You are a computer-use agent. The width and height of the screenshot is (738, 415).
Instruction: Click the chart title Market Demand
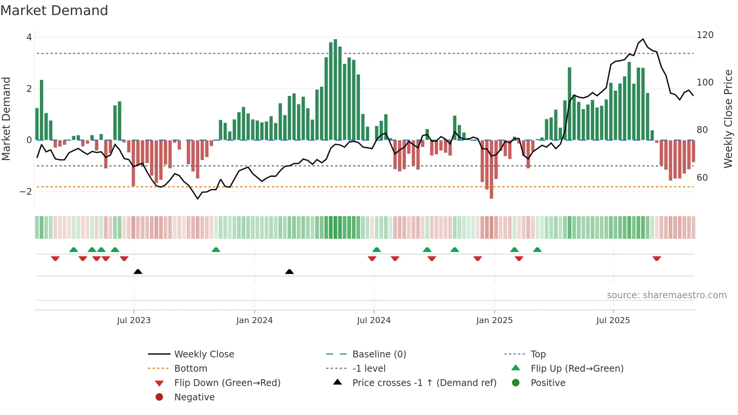pyautogui.click(x=54, y=11)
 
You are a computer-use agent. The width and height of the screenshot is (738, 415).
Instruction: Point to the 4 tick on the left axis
pyautogui.click(x=29, y=37)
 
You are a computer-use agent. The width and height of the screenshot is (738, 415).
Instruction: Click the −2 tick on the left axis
pyautogui.click(x=26, y=192)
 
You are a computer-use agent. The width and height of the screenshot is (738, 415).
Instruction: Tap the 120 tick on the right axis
pyautogui.click(x=705, y=35)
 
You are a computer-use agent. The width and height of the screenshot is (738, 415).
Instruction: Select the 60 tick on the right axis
pyautogui.click(x=702, y=178)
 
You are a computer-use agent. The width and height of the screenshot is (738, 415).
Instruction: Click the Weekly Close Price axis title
pyautogui.click(x=728, y=119)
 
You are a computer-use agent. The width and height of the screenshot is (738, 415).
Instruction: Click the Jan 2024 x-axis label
pyautogui.click(x=254, y=320)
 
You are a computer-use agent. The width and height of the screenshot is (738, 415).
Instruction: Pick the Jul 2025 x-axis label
pyautogui.click(x=613, y=320)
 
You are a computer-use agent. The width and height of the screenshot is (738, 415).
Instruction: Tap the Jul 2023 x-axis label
pyautogui.click(x=134, y=320)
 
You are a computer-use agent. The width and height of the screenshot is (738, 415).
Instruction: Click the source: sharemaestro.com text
pyautogui.click(x=666, y=295)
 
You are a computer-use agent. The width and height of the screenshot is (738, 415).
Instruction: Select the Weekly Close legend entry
pyautogui.click(x=204, y=354)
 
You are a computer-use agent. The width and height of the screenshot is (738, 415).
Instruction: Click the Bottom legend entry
pyautogui.click(x=191, y=369)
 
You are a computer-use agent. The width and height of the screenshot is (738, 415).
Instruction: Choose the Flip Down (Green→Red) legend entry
pyautogui.click(x=227, y=383)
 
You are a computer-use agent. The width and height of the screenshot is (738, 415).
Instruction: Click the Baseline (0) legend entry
pyautogui.click(x=379, y=354)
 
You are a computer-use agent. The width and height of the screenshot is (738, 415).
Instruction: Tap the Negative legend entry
pyautogui.click(x=194, y=397)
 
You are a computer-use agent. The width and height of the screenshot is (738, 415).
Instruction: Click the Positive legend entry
pyautogui.click(x=548, y=383)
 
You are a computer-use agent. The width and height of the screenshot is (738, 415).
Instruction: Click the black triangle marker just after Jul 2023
pyautogui.click(x=138, y=272)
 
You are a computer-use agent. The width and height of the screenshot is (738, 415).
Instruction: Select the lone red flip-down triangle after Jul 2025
pyautogui.click(x=657, y=258)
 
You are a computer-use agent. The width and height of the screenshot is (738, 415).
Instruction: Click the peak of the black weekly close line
pyautogui.click(x=643, y=39)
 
